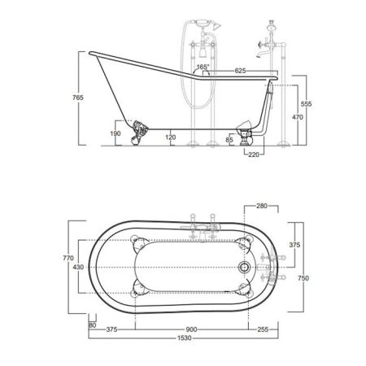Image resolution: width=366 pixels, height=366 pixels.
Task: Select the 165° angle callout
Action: pyautogui.click(x=203, y=68)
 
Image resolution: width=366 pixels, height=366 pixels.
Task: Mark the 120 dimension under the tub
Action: pyautogui.click(x=169, y=137)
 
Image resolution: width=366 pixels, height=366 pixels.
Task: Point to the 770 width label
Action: pyautogui.click(x=69, y=258)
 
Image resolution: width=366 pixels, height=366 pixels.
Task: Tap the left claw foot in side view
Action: pyautogui.click(x=142, y=129)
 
